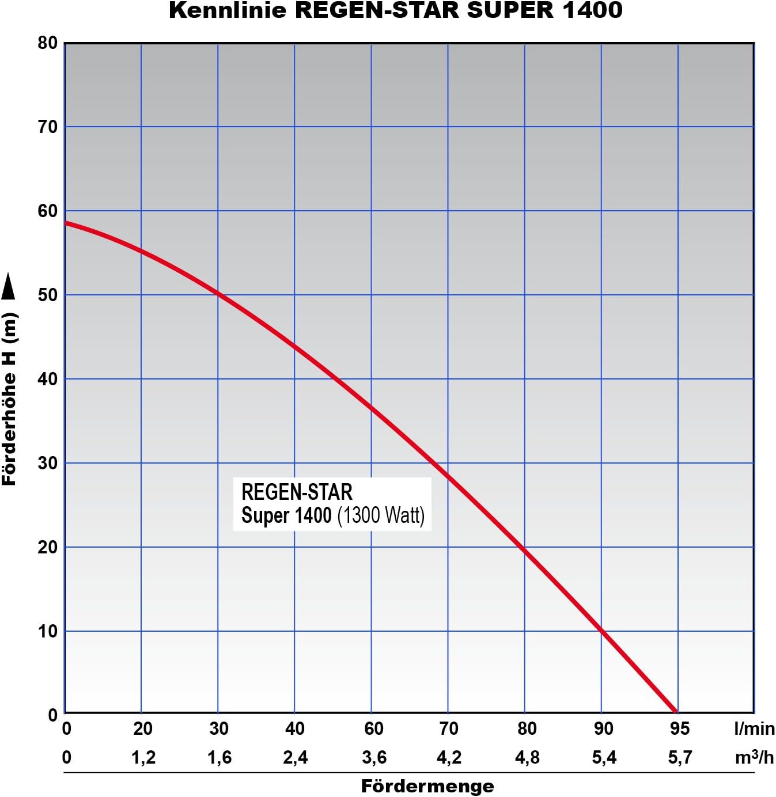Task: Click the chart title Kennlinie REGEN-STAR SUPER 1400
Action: [395, 10]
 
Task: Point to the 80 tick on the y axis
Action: [47, 43]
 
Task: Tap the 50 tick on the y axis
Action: [47, 295]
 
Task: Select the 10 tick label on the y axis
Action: [47, 631]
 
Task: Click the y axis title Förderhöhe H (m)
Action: [9, 399]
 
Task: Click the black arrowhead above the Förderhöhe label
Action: [8, 286]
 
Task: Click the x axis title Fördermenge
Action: [427, 786]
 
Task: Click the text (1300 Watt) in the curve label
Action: [381, 515]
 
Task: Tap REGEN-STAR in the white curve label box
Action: [297, 492]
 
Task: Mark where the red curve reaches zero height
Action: [676, 712]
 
